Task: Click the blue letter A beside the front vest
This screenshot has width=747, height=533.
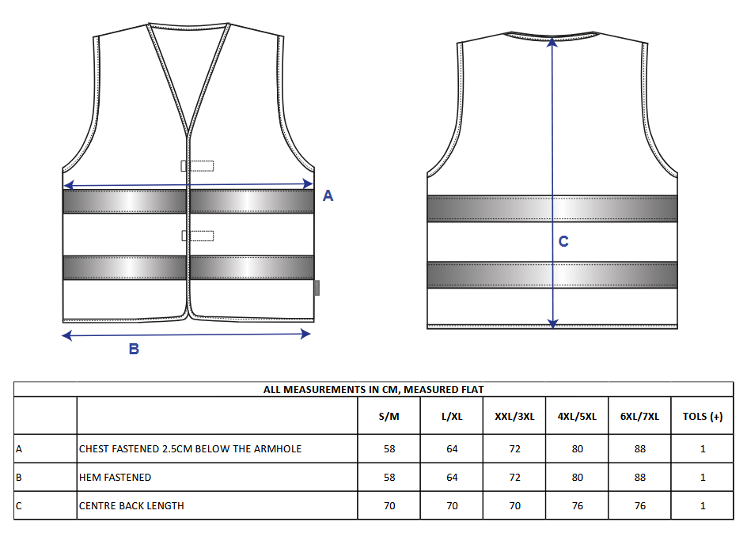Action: tap(328, 195)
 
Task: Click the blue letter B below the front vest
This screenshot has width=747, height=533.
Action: tap(134, 349)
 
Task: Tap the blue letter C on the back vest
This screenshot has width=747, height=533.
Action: tap(563, 241)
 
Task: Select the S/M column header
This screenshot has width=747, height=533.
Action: tap(389, 417)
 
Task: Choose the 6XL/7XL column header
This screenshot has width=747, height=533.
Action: tap(639, 417)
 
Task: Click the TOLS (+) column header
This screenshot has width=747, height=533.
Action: tap(702, 417)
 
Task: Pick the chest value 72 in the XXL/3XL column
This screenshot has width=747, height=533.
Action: tap(514, 448)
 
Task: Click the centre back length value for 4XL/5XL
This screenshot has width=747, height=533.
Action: tap(577, 505)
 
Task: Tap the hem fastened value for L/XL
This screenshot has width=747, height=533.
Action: tap(452, 478)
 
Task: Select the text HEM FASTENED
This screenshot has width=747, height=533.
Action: tap(115, 478)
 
